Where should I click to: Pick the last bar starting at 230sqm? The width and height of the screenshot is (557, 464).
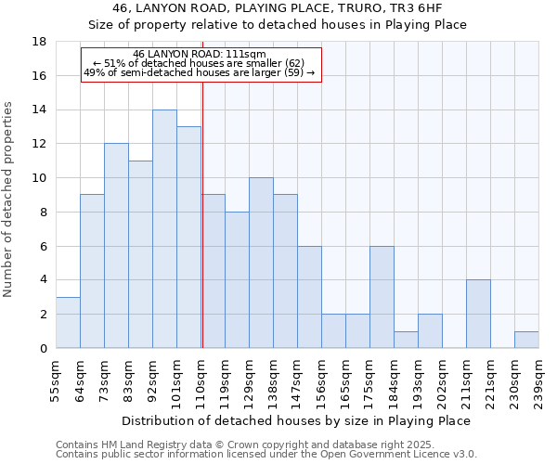pyautogui.click(x=526, y=340)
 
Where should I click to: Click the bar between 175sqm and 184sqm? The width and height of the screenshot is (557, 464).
pyautogui.click(x=382, y=297)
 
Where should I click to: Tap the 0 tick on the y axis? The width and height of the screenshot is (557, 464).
pyautogui.click(x=43, y=348)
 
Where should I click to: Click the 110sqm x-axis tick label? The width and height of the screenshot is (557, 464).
pyautogui.click(x=201, y=380)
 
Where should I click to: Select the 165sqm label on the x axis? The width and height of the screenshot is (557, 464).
pyautogui.click(x=345, y=380)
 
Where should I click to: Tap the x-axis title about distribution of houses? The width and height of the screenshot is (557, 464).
pyautogui.click(x=296, y=420)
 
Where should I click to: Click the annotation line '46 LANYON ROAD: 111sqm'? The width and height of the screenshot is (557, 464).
pyautogui.click(x=200, y=54)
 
